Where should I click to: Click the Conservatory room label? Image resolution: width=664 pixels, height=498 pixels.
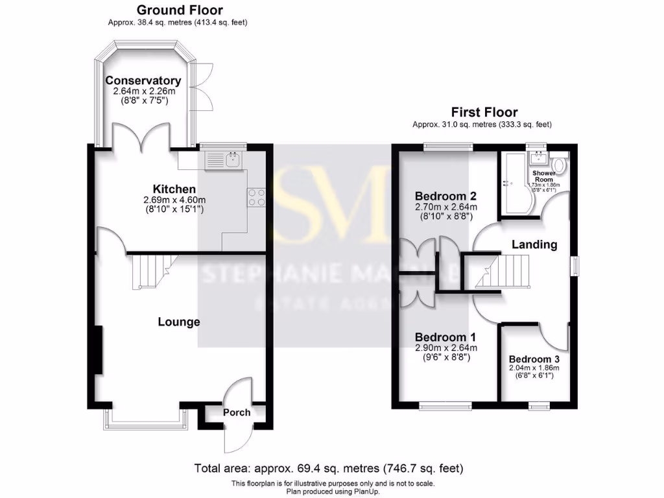point(143,81)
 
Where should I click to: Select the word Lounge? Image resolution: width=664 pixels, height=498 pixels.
point(179,322)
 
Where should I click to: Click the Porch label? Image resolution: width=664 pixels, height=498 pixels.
point(236,412)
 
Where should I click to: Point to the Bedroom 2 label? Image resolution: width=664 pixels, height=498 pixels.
point(445,196)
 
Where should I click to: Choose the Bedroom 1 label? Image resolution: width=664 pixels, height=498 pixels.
point(445,337)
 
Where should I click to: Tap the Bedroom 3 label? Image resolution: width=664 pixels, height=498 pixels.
point(534,359)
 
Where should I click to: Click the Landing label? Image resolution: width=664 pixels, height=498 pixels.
point(534,244)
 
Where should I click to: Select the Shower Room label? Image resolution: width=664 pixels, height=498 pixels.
point(543,176)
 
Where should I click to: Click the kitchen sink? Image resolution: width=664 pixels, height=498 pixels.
point(224,160)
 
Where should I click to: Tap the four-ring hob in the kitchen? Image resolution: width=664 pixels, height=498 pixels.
point(256,196)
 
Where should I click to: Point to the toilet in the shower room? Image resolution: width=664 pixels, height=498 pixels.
point(561,165)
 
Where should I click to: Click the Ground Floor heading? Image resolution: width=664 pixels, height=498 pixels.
point(179,10)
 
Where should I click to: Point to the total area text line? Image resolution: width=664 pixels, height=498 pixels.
point(329,468)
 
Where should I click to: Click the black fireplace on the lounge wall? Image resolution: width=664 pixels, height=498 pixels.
point(98,350)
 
